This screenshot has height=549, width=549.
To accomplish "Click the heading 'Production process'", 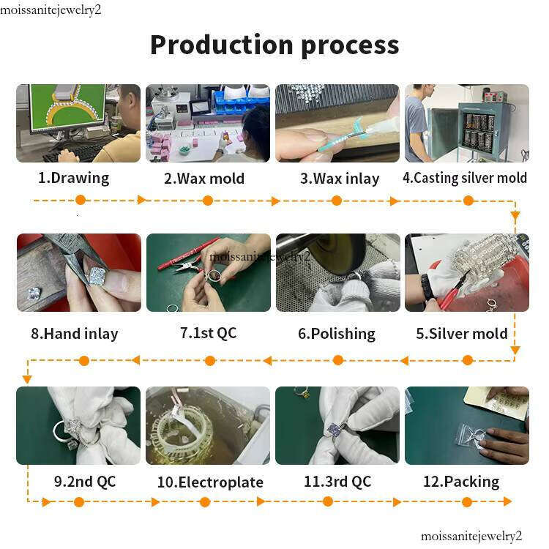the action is [274, 45].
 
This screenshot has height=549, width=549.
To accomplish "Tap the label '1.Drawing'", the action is [73, 178].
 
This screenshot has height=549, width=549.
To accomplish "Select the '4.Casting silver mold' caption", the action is [465, 178].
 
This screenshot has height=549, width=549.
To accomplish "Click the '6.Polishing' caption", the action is [337, 333].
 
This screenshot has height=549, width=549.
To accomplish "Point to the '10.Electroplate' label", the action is [210, 482].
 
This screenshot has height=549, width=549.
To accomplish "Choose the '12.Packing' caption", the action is [461, 482].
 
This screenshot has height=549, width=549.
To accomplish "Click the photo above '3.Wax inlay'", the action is [337, 123].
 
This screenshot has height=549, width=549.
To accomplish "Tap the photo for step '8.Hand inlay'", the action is [79, 272].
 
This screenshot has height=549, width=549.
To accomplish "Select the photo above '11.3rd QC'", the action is [337, 425].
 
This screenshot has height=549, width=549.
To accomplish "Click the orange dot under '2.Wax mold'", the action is [208, 201].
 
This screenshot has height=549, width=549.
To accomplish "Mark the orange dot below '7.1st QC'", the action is [210, 361].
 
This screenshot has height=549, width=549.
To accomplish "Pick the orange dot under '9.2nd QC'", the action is [79, 502].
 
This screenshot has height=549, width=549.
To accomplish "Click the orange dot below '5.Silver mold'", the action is [468, 360].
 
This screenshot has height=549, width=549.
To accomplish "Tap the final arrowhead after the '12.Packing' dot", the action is [507, 501].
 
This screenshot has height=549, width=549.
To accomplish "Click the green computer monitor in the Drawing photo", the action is [67, 108].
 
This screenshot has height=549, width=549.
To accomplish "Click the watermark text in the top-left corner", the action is [51, 10].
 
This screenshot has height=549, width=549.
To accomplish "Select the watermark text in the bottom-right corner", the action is [471, 536].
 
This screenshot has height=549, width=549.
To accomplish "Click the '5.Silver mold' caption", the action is [462, 333].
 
